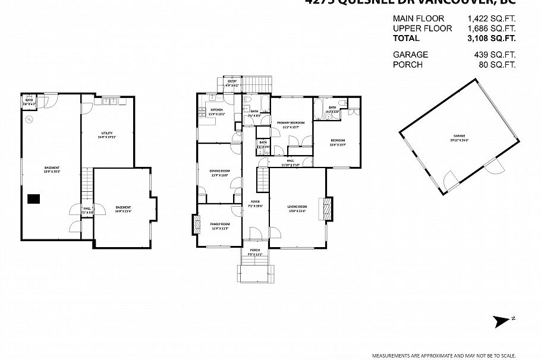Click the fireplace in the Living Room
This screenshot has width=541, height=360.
tap(326, 209)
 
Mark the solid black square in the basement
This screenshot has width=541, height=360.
tap(33, 200)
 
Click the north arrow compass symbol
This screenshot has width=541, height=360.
tap(503, 320)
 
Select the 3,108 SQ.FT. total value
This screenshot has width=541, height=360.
tap(491, 38)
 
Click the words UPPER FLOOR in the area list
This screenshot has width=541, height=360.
tap(422, 29)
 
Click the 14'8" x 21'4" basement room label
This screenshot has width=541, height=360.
tap(124, 209)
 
